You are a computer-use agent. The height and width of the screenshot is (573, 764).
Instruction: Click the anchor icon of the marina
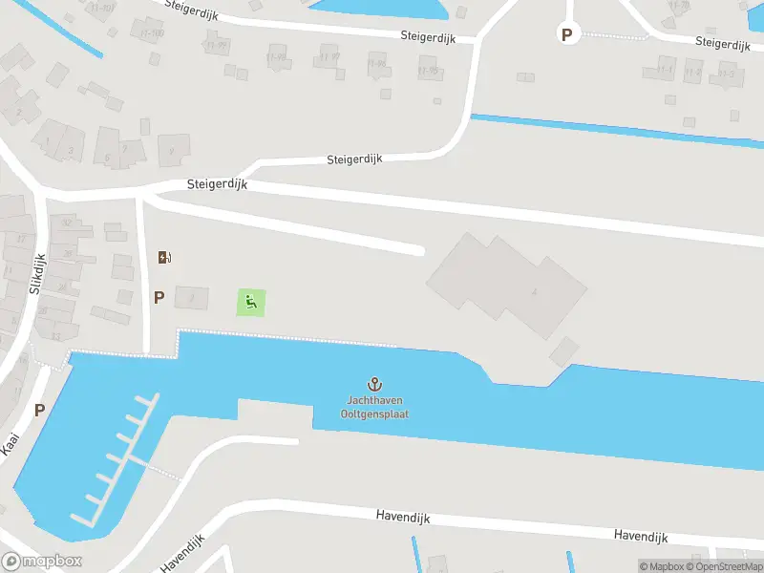375,384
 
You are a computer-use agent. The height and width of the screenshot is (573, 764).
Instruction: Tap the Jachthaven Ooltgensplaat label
375,408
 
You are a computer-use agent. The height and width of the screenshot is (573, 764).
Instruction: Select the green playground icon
251,304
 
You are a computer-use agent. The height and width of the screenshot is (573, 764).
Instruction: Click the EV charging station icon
164,256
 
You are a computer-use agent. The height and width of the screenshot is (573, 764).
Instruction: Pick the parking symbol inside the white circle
567,34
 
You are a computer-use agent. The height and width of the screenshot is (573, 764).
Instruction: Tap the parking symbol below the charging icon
159,297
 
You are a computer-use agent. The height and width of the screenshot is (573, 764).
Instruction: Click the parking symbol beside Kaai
39,410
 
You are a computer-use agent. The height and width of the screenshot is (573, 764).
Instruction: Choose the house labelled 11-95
428,70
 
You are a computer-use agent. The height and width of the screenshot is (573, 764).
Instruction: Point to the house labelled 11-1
665,69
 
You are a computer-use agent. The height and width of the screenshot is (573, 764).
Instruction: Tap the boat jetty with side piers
119,458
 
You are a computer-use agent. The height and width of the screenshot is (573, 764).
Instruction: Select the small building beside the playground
191,297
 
